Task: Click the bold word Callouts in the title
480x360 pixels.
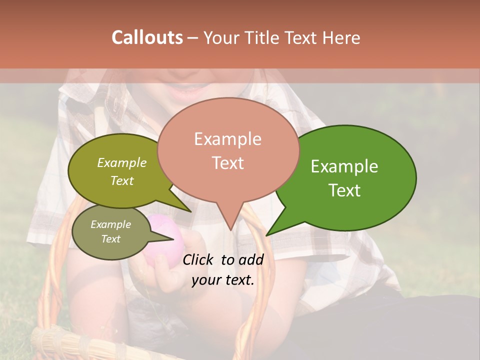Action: click(147, 37)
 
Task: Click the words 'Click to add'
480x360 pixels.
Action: click(222, 259)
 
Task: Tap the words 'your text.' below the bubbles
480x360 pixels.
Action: click(222, 280)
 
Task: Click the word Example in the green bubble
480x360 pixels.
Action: click(344, 166)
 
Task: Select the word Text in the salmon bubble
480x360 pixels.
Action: click(227, 163)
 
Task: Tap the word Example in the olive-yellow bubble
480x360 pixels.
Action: click(121, 163)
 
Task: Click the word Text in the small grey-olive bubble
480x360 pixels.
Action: click(110, 239)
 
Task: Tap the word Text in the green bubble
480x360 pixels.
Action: click(344, 190)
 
